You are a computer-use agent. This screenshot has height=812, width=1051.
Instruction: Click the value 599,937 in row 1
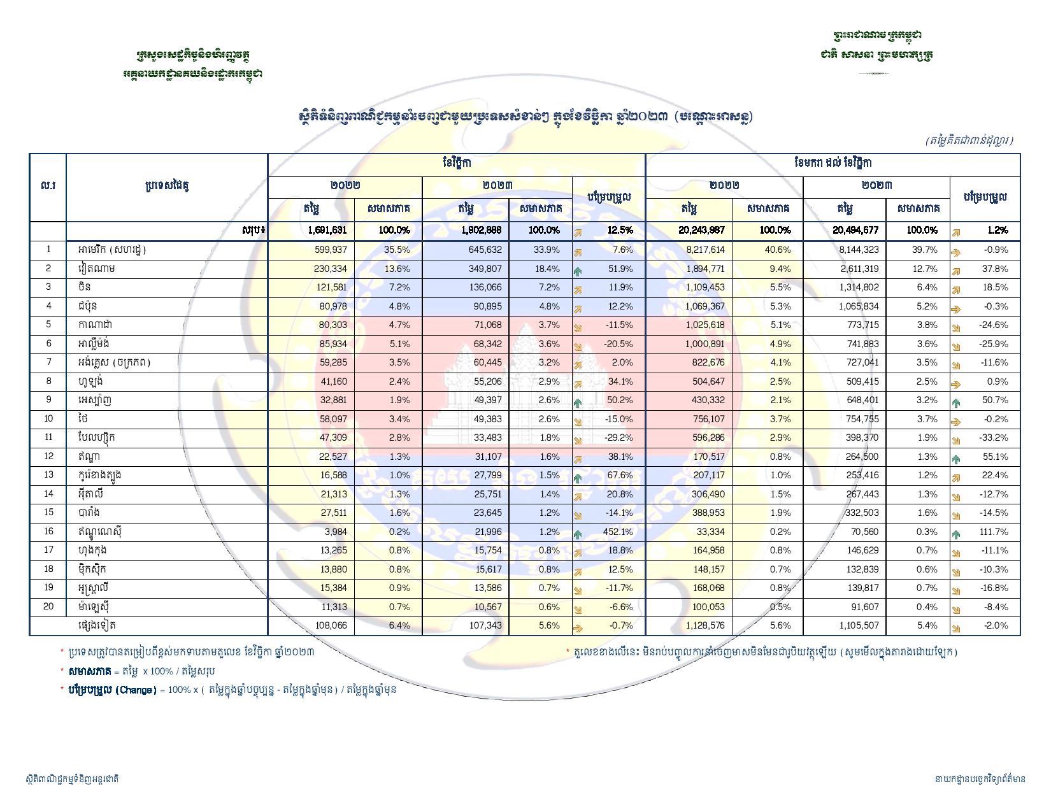(x=329, y=250)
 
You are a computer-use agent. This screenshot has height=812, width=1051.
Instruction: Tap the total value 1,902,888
(x=482, y=230)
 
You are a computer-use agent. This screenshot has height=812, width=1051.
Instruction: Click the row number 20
(x=48, y=606)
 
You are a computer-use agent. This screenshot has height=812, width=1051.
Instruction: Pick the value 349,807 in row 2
(x=484, y=269)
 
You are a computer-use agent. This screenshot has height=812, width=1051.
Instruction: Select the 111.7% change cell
(x=994, y=532)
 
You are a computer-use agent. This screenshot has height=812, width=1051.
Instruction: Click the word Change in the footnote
(x=136, y=690)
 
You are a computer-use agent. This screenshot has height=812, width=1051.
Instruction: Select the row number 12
(x=48, y=457)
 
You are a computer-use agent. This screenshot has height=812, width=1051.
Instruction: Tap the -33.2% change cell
(x=994, y=438)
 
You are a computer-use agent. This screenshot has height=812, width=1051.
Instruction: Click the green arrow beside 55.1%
(x=956, y=458)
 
